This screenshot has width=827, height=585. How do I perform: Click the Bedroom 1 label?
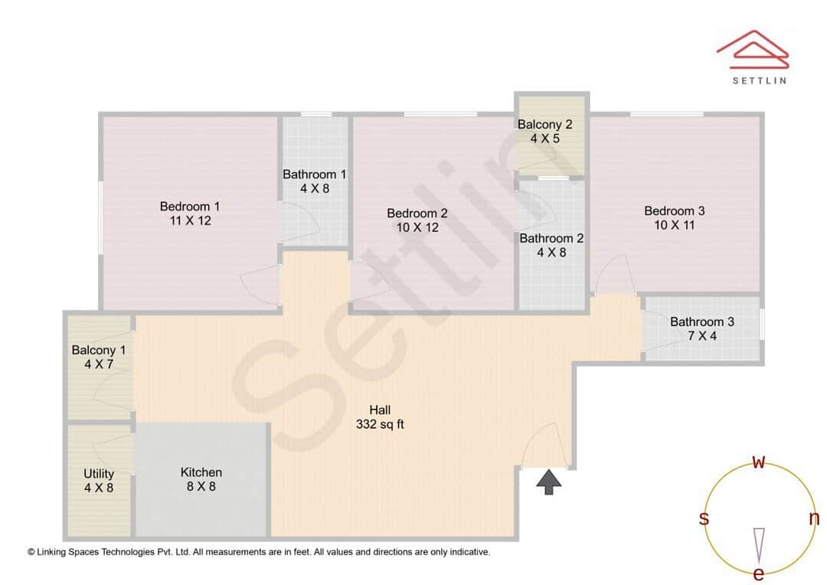189,206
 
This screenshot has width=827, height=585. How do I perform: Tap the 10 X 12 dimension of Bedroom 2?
417,227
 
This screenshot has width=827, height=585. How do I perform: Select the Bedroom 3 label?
674,211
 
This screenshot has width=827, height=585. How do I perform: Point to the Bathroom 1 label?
314,175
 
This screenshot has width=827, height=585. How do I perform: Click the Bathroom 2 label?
551,238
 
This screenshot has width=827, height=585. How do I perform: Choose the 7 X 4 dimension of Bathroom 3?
701,336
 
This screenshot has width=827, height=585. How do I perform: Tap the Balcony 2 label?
544,125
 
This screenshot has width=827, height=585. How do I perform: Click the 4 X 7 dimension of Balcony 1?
99,364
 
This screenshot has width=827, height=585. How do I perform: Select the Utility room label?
99,474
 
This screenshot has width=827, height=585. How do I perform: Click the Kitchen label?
201,472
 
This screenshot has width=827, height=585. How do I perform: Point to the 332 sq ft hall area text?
380,424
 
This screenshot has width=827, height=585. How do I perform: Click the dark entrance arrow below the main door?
548,482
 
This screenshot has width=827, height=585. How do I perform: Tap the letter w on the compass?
759,462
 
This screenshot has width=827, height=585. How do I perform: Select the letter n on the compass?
814,519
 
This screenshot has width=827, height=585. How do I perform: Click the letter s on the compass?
704,519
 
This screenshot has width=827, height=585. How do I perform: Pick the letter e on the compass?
759,574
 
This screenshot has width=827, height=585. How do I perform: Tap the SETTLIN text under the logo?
759,80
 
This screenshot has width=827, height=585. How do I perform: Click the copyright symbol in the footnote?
31,551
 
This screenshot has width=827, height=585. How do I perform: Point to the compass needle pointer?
759,544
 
